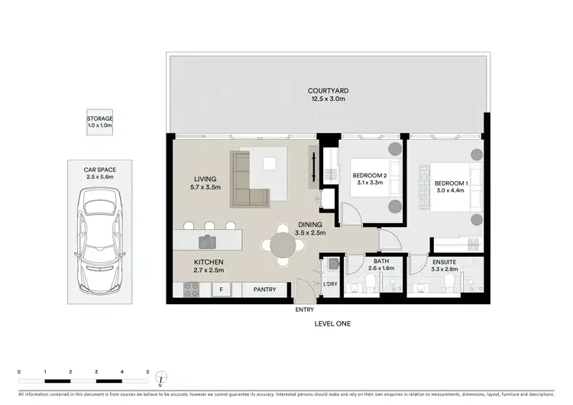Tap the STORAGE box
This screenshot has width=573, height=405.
pos(99,122)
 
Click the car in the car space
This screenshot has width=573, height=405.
pos(99,234)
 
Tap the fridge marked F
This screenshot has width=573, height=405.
pos(222,290)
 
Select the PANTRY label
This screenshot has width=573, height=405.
pos(264,290)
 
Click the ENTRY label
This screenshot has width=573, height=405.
pos(305,309)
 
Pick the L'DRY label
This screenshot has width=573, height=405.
pos(330,284)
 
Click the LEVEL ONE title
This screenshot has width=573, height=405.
pos(332,324)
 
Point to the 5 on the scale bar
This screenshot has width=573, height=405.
pos(147,371)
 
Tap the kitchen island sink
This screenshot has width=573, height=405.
pos(206,242)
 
